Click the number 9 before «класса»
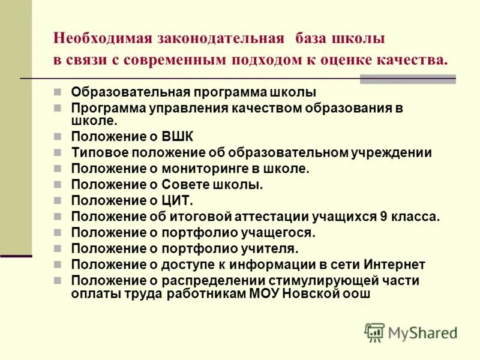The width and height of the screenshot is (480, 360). pos(383,217)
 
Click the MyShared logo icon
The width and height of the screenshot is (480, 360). pos(374,332)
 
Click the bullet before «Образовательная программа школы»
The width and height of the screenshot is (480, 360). pos(57,92)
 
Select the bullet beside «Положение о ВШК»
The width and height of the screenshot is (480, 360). pos(57,137)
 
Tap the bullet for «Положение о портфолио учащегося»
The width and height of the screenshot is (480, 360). pos(57,232)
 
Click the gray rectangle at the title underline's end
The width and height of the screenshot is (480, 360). pos(407,79)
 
